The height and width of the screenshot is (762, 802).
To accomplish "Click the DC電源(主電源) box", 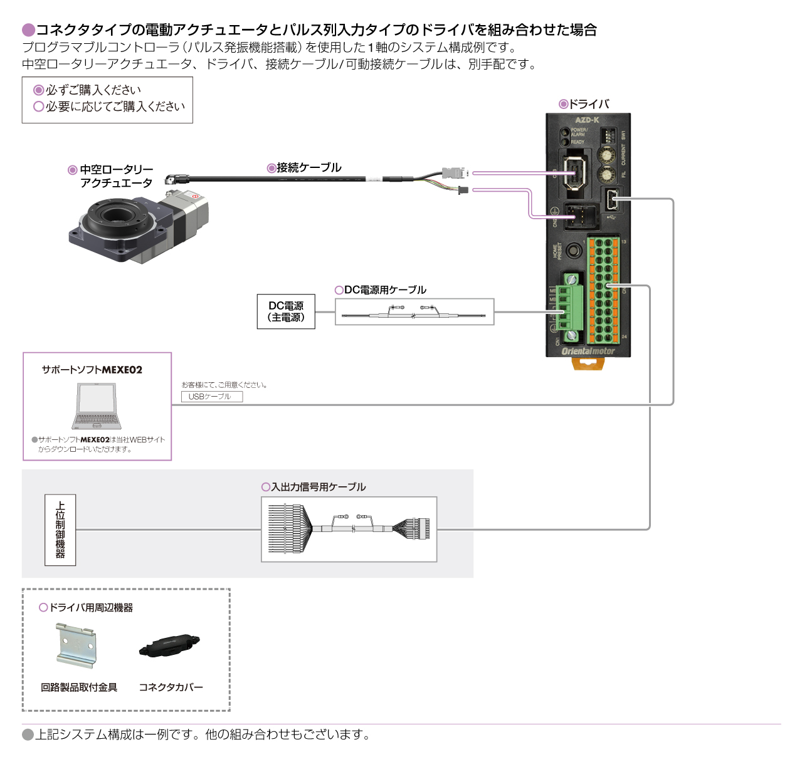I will point(286,311).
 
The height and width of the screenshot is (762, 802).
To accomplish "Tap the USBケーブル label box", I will point(211,397).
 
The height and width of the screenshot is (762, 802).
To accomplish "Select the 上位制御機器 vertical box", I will point(60,530).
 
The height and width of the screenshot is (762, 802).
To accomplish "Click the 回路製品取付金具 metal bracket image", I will point(75,645).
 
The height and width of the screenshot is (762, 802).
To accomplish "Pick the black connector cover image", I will point(169,646).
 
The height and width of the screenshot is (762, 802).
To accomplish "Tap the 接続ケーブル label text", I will point(309,167).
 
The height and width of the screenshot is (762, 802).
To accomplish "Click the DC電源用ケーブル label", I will point(385,290).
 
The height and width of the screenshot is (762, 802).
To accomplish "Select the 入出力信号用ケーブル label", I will point(318,487).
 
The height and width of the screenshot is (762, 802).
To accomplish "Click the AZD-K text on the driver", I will point(587,120).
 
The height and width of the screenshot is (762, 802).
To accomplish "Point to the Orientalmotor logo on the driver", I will point(588,351).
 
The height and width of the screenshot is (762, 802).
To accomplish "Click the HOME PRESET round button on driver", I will point(573,251).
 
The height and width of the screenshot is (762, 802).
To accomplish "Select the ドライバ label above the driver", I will point(588,104).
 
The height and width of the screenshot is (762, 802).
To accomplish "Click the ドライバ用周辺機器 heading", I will point(90,607).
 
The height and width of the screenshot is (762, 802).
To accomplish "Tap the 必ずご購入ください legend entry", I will point(93,90).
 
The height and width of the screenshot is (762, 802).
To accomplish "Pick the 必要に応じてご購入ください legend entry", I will point(115,107).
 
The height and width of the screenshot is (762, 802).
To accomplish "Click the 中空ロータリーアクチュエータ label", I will point(116,176).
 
